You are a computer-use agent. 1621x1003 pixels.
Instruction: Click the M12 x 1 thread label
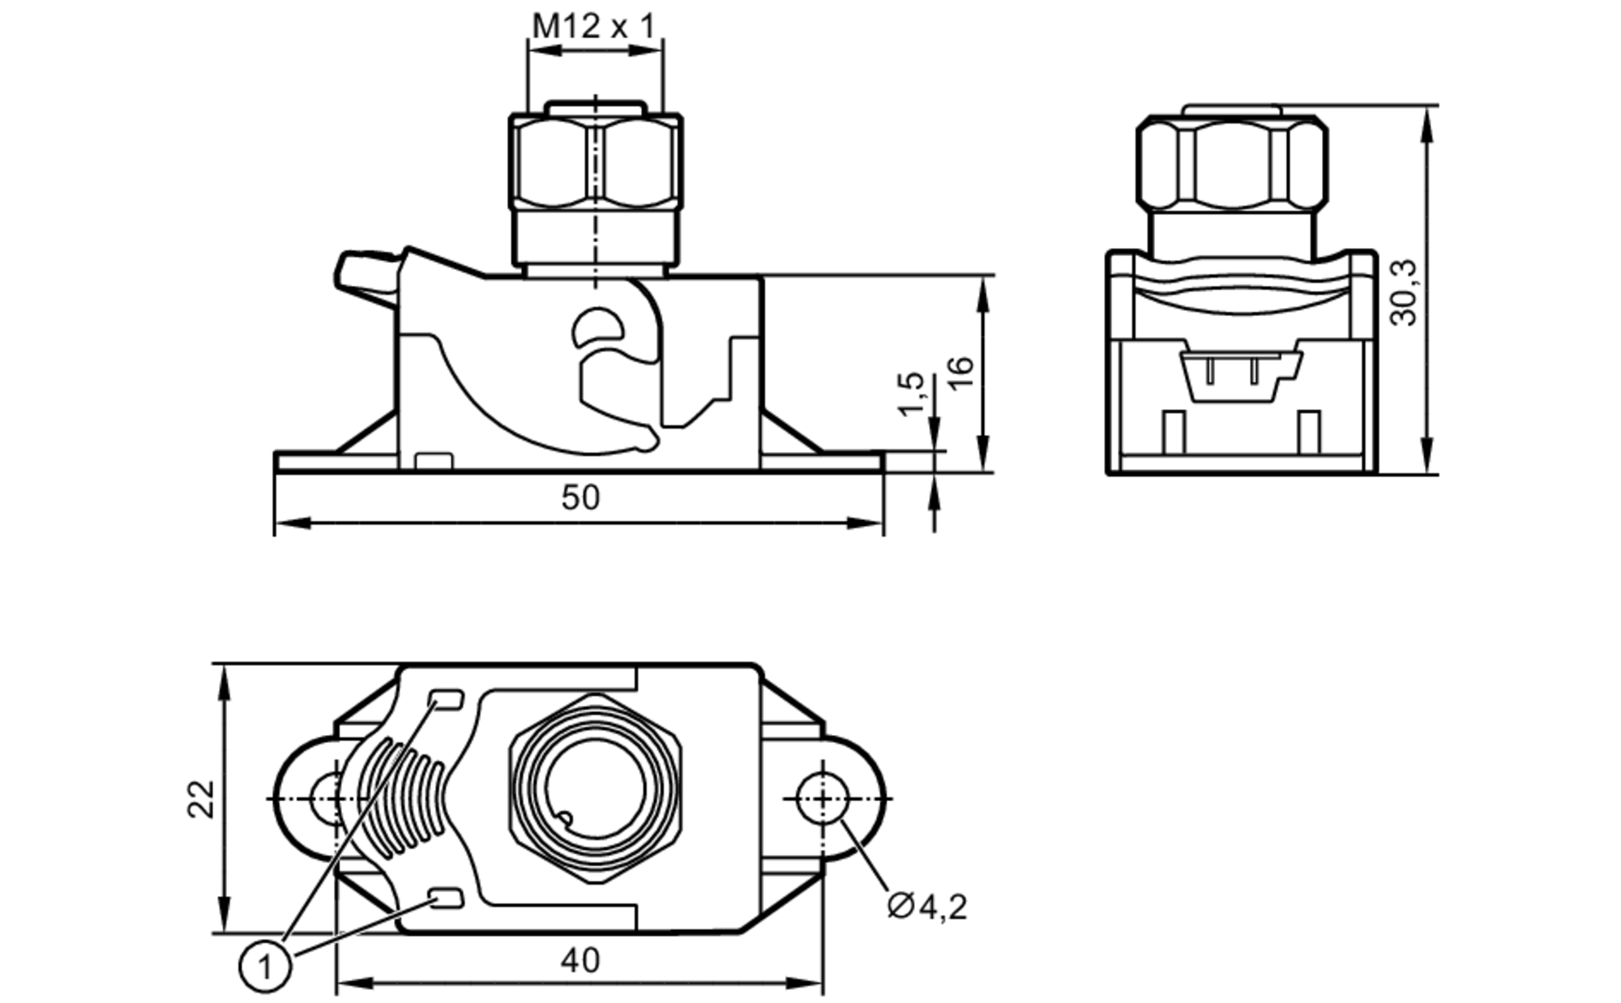(592, 27)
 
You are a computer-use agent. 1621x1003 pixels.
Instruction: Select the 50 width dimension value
(580, 497)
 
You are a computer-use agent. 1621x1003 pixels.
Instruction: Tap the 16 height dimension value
(960, 373)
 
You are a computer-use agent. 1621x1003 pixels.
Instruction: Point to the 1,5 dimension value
(911, 393)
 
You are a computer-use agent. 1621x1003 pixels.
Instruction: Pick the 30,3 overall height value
(1404, 292)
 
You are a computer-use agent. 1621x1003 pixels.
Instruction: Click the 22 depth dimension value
(202, 799)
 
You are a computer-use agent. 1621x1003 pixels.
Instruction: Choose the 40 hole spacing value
(580, 960)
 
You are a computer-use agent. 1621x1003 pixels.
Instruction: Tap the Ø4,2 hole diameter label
(927, 906)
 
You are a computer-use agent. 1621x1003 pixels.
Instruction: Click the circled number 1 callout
(265, 966)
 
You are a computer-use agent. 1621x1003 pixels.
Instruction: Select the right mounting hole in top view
(822, 799)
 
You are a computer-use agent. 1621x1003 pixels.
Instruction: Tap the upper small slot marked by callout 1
(446, 698)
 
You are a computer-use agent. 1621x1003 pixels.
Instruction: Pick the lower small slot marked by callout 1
(446, 898)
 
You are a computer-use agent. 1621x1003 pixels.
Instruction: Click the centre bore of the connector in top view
(596, 789)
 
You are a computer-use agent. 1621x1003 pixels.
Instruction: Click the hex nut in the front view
(596, 162)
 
